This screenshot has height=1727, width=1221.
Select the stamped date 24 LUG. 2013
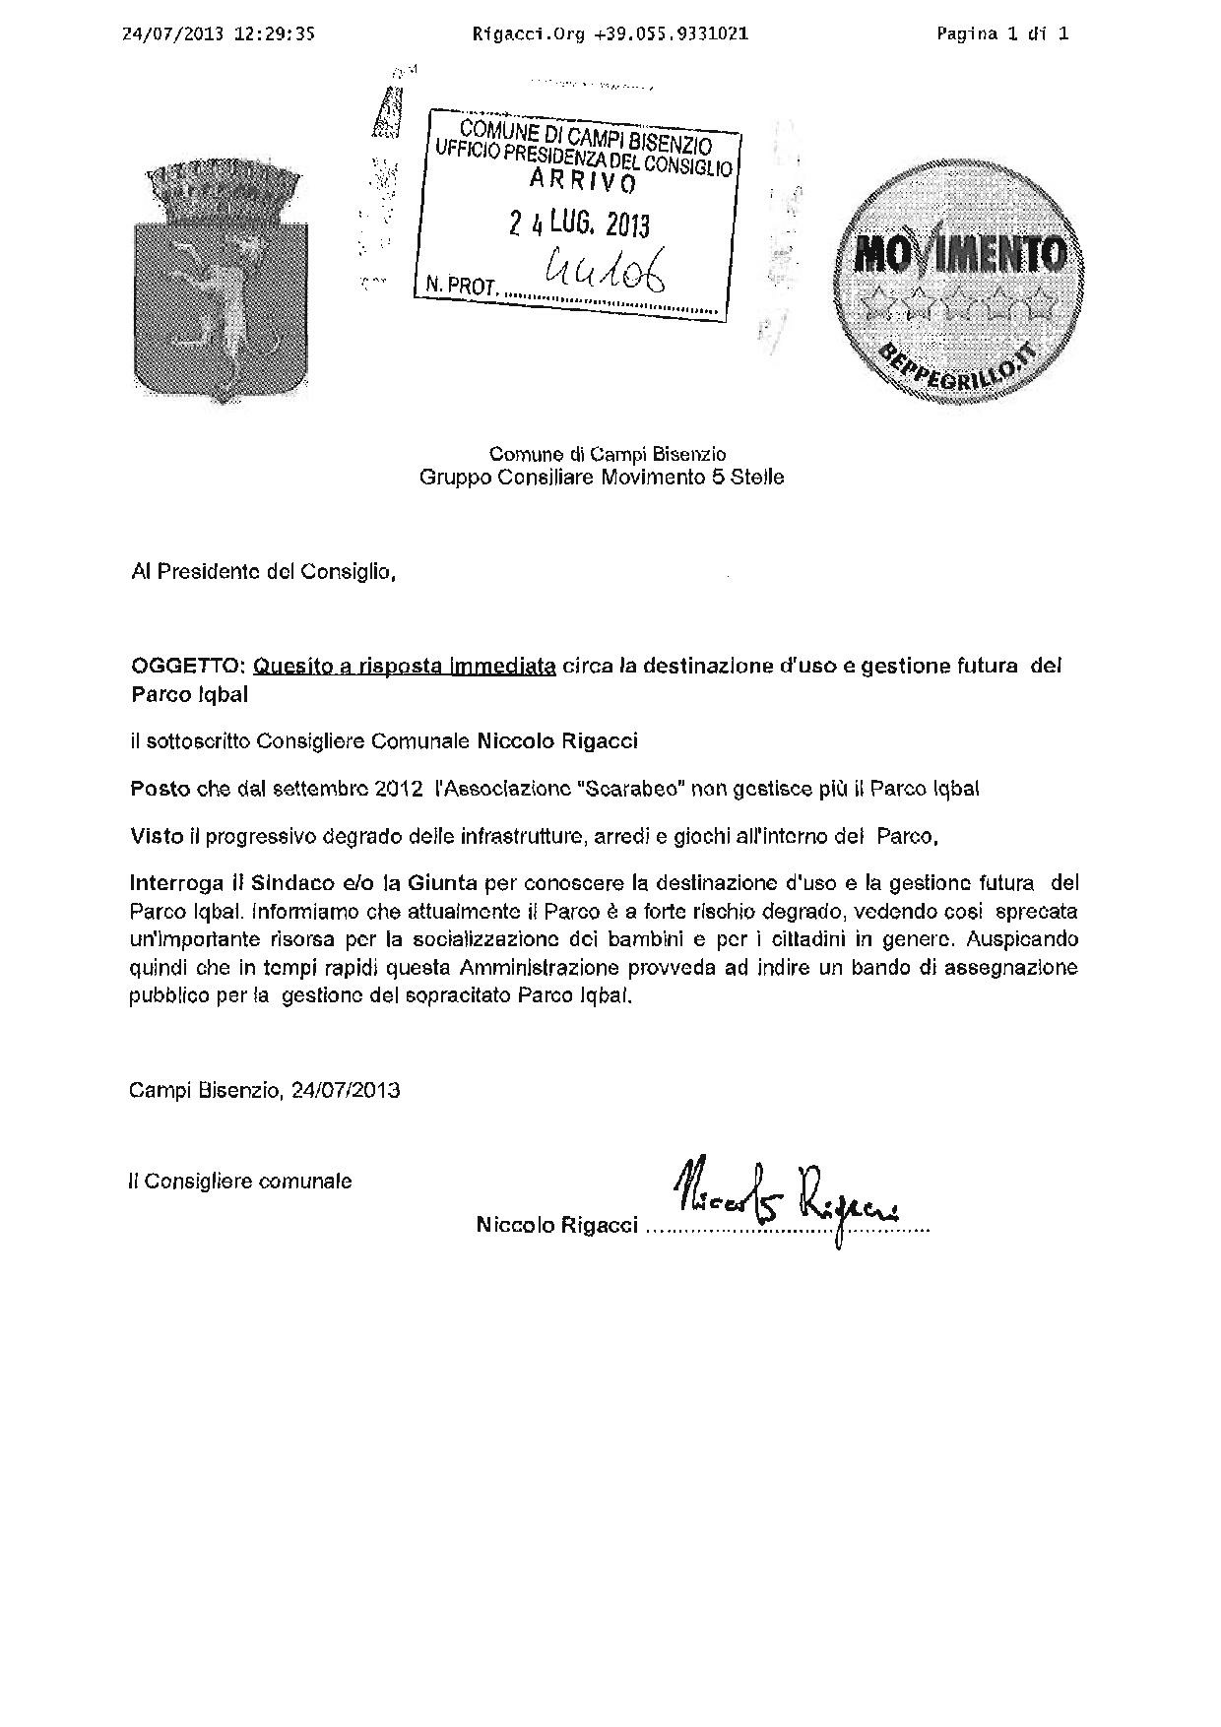579,224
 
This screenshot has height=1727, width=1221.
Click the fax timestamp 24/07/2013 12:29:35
218,33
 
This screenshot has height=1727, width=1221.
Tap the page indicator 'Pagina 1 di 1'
1002,33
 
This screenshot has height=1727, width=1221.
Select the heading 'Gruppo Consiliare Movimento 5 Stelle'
602,478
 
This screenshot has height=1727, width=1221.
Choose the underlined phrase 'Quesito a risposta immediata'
405,666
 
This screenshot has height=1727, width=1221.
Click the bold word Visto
157,837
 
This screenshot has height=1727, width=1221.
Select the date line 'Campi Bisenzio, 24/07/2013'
265,1091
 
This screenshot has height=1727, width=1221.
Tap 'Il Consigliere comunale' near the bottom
240,1181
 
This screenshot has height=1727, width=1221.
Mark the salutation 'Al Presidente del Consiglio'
263,571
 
